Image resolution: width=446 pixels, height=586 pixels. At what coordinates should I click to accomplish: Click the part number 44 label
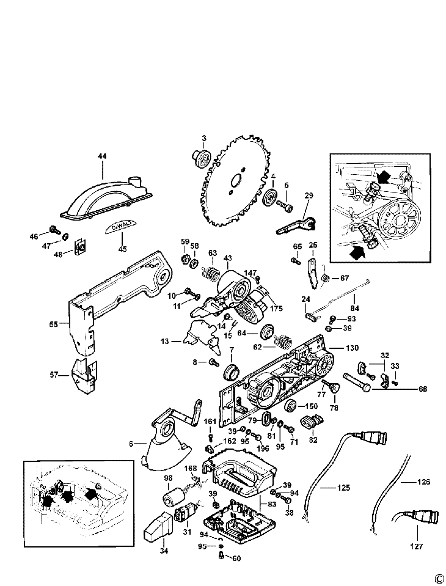[x=101, y=156]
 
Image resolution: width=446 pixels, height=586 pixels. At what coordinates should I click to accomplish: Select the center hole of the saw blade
[x=235, y=181]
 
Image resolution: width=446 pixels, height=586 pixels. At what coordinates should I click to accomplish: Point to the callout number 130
[x=352, y=348]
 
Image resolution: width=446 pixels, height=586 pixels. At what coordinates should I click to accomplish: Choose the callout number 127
[x=417, y=546]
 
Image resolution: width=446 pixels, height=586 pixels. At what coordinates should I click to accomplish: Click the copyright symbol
[x=438, y=577]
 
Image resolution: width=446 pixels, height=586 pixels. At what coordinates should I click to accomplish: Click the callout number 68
[x=422, y=389]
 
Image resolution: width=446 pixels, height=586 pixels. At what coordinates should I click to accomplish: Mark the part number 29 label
[x=309, y=196]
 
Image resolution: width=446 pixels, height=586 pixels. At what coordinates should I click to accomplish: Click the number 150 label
[x=311, y=406]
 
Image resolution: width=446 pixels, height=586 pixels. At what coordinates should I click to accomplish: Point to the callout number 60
[x=236, y=557]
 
